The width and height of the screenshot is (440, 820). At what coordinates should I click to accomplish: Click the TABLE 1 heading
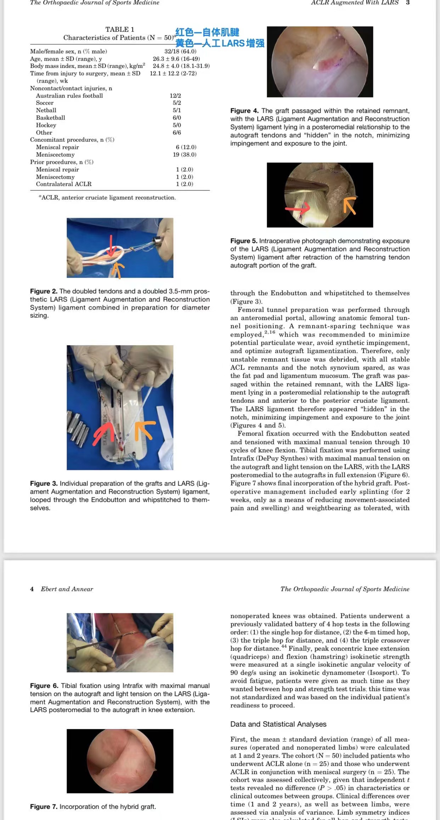(120, 29)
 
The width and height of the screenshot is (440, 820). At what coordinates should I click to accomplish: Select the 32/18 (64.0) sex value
(180, 51)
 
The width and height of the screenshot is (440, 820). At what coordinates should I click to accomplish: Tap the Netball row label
(46, 110)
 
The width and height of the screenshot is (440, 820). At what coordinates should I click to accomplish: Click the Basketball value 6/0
(177, 118)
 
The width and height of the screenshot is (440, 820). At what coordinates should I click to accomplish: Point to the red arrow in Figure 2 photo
(111, 246)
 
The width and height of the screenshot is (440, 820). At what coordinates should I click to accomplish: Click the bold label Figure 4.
(244, 111)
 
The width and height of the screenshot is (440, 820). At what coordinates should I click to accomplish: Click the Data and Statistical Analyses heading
(278, 724)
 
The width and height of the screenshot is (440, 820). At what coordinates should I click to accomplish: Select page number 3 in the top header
(408, 2)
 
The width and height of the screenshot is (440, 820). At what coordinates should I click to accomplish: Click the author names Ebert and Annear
(67, 589)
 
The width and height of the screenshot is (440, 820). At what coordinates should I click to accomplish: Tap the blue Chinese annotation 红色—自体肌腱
(207, 33)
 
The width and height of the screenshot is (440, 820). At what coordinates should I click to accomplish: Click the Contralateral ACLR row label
(64, 184)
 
